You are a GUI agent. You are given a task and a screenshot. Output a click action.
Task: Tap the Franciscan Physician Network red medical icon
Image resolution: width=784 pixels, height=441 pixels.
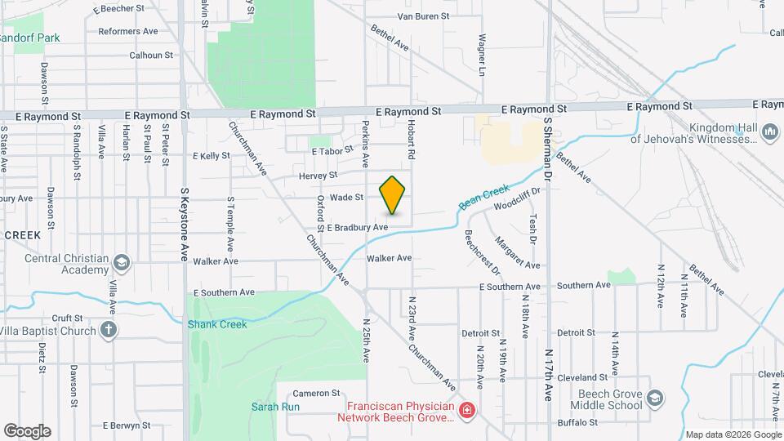click(x=466, y=410)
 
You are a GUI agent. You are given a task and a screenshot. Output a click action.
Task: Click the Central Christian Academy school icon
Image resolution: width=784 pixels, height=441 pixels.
click(x=122, y=262)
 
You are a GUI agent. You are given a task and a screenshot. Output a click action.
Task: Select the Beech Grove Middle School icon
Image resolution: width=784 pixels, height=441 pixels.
click(x=655, y=398)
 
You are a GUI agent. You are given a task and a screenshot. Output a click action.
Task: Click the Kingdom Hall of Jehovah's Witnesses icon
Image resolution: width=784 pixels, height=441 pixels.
click(x=769, y=132)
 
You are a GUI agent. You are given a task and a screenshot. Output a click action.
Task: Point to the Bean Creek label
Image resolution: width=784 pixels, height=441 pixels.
click(x=484, y=196)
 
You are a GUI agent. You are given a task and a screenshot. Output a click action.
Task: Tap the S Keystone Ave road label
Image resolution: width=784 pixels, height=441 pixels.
click(x=184, y=224)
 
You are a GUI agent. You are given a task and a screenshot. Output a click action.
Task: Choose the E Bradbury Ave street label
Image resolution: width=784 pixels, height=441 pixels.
click(x=356, y=227)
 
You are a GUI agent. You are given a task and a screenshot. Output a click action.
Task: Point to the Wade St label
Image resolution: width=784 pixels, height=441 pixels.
click(x=346, y=197)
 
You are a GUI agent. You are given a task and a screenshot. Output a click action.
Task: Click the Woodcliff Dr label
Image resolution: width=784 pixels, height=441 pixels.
click(x=517, y=198)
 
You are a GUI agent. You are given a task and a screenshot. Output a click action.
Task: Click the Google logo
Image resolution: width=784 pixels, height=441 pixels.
click(x=27, y=431)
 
